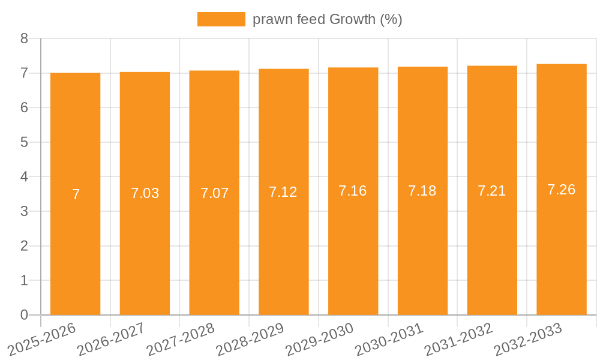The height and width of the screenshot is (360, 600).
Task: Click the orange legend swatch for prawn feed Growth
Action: [x=221, y=19]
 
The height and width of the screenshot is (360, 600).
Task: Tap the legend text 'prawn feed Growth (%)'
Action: [x=327, y=19]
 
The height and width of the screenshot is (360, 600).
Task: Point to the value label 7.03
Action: [x=145, y=193]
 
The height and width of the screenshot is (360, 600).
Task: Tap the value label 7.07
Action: [x=214, y=193]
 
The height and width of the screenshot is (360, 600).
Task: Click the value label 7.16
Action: [x=353, y=191]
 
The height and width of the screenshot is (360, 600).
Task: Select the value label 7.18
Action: [x=422, y=191]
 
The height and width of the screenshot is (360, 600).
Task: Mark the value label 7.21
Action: [x=492, y=191]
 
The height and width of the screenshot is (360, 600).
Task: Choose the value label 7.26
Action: [x=561, y=190]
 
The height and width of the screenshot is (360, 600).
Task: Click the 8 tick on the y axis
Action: [x=24, y=38]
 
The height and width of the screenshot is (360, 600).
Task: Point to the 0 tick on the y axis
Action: [x=24, y=315]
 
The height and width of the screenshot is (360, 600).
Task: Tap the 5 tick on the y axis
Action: [x=24, y=142]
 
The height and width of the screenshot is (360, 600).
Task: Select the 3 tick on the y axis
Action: [x=24, y=211]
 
